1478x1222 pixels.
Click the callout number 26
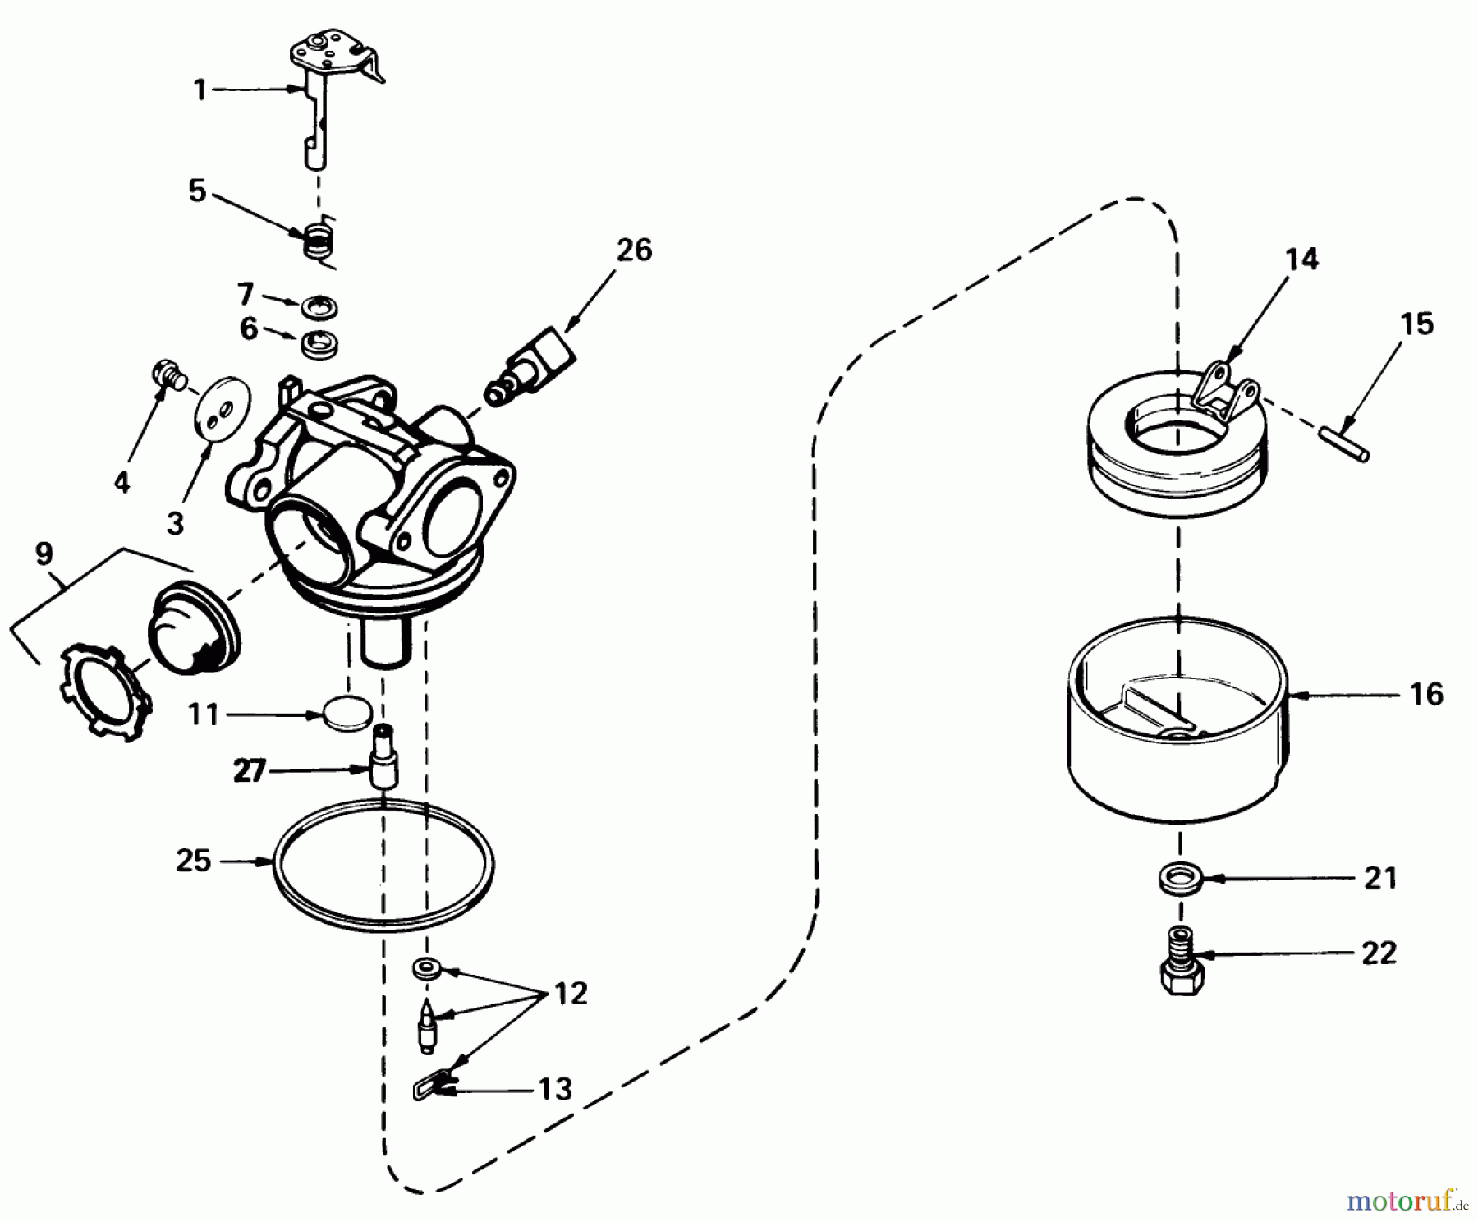click(x=633, y=250)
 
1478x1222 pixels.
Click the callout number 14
click(x=1302, y=260)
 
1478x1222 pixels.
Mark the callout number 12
click(x=571, y=995)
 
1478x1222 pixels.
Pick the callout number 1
click(x=200, y=90)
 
